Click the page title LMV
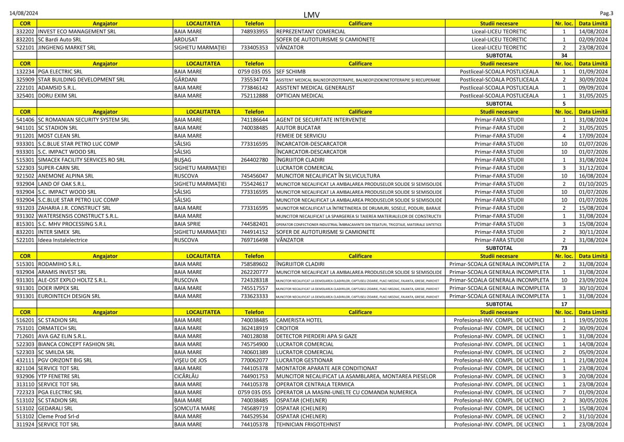pos(311,14)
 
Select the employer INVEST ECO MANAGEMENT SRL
pos(77,31)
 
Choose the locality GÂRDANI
pos(186,80)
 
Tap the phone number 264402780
pos(254,160)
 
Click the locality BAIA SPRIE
pos(189,224)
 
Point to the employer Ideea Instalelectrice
pos(63,240)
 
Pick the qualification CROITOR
pos(288,328)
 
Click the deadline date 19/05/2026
pos(593,320)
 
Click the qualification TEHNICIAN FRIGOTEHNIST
pos(308,424)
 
